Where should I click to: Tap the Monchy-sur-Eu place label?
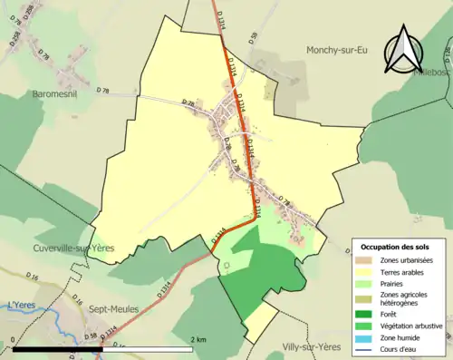click(x=341, y=50)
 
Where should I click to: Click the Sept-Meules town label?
click(x=114, y=308)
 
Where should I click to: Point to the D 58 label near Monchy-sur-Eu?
click(x=254, y=36)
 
